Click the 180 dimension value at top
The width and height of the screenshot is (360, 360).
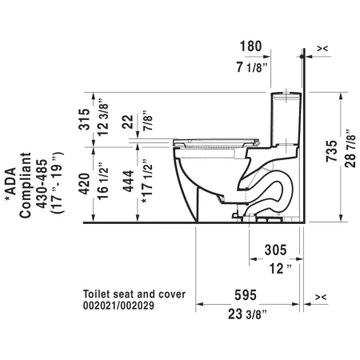(x=250, y=46)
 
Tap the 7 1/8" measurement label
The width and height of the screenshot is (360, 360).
(x=251, y=67)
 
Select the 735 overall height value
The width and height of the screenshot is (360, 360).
(x=332, y=151)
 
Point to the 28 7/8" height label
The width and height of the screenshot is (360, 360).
(x=350, y=149)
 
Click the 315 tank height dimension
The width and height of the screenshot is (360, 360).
(x=84, y=119)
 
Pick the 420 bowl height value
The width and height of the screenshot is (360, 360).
(x=84, y=184)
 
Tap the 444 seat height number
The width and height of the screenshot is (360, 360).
(x=128, y=181)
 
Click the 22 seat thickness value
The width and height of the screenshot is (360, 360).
(x=127, y=122)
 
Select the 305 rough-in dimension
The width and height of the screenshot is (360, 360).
(x=275, y=250)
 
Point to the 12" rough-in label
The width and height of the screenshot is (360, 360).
(x=280, y=269)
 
